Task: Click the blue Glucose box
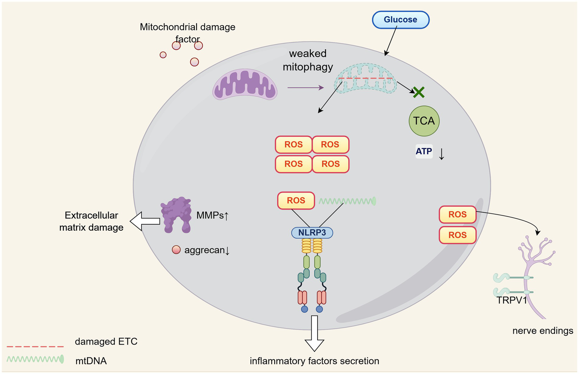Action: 401,20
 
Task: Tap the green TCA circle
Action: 424,121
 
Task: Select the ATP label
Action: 424,152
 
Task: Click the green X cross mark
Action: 419,92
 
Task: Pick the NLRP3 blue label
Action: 312,233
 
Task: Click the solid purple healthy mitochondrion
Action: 245,85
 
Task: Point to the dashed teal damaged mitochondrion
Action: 365,78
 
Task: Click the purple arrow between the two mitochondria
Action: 305,88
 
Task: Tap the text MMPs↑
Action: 212,215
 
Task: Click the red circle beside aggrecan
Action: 176,250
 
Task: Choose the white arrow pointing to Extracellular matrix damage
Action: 145,221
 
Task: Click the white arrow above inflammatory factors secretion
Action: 314,333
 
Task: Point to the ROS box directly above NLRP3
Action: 296,201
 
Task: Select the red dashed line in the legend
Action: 35,346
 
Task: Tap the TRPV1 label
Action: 511,300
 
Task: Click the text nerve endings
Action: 542,331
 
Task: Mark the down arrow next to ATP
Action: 441,153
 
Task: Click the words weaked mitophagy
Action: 308,60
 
